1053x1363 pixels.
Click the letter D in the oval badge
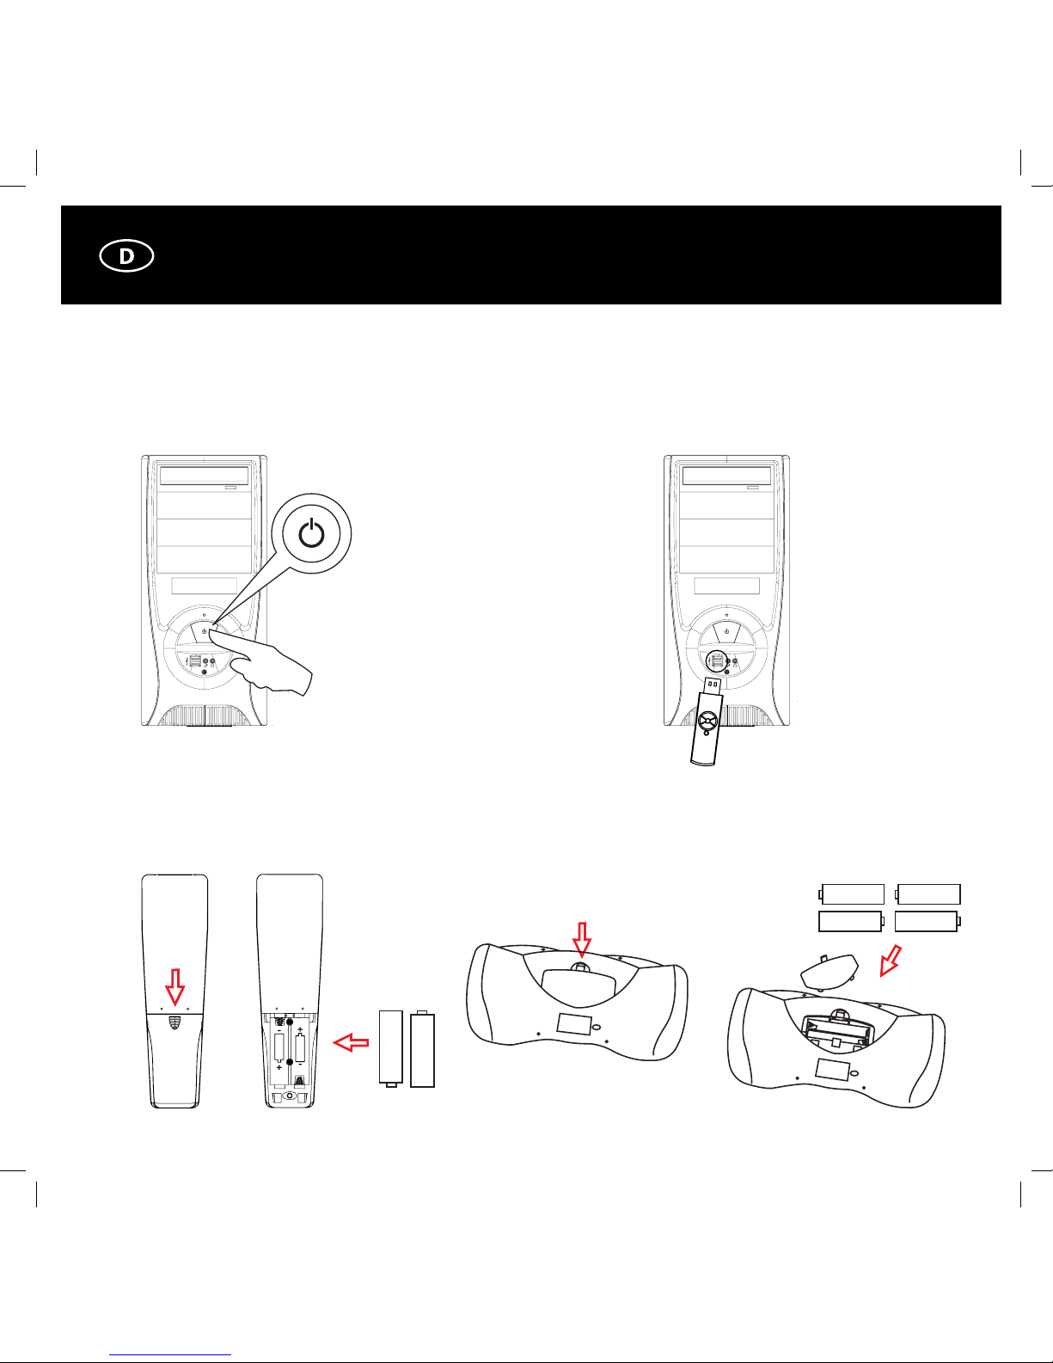[x=126, y=256]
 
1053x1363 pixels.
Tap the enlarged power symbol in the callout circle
[x=311, y=534]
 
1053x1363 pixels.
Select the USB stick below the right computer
[x=707, y=721]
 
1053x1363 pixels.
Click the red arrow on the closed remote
[x=174, y=986]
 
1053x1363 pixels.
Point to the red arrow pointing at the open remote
[x=351, y=1042]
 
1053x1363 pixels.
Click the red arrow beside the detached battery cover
[x=891, y=961]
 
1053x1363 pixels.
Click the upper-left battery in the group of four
[x=851, y=893]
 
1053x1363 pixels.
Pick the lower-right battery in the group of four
[x=927, y=921]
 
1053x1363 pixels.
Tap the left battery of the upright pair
[x=391, y=1048]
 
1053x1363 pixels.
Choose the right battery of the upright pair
[x=422, y=1048]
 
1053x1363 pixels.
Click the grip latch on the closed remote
[x=174, y=1023]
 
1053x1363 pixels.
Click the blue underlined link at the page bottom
[x=170, y=1355]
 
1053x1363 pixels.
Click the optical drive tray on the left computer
[x=205, y=475]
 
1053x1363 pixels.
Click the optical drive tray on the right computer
[x=727, y=475]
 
